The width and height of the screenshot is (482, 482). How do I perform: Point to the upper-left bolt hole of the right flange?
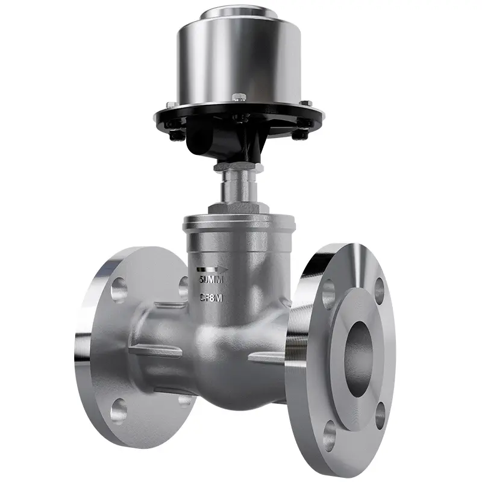[328, 293]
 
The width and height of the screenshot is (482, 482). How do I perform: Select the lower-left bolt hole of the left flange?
[119, 410]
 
